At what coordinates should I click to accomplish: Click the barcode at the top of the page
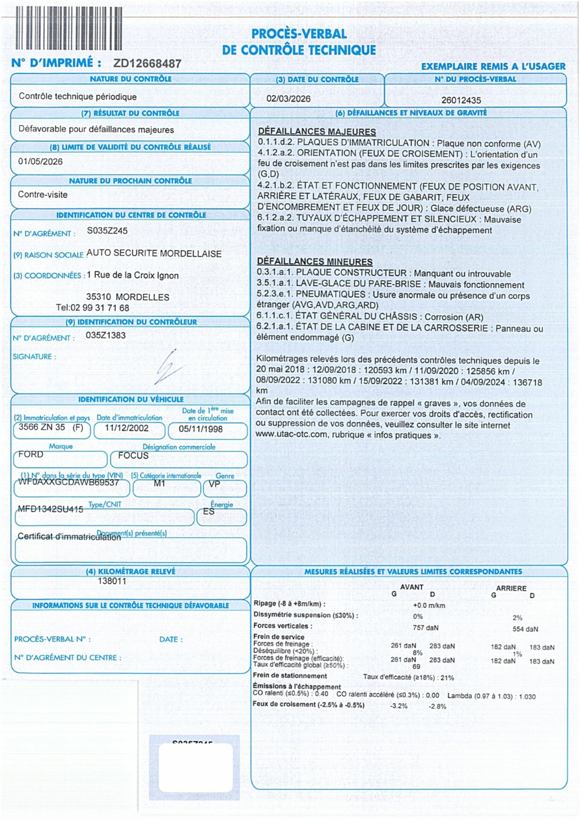point(69,28)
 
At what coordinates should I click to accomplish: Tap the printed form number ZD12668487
point(147,63)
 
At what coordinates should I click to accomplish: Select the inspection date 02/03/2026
point(288,99)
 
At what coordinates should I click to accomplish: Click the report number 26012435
point(461,100)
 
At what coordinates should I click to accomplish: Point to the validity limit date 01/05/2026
point(40,162)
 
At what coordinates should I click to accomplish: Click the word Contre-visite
point(43,195)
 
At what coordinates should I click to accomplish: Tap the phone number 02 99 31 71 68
point(100,308)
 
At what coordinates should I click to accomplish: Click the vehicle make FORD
point(31,454)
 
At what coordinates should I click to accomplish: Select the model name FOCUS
point(133,455)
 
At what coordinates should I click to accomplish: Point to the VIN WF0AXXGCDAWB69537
point(68,482)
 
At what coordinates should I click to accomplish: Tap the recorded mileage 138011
point(112,581)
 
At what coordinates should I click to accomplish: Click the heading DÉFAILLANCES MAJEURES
point(317,131)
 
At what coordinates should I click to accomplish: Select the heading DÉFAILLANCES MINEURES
point(315,261)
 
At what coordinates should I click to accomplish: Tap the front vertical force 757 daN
point(425,628)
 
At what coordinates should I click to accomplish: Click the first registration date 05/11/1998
point(201,429)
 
